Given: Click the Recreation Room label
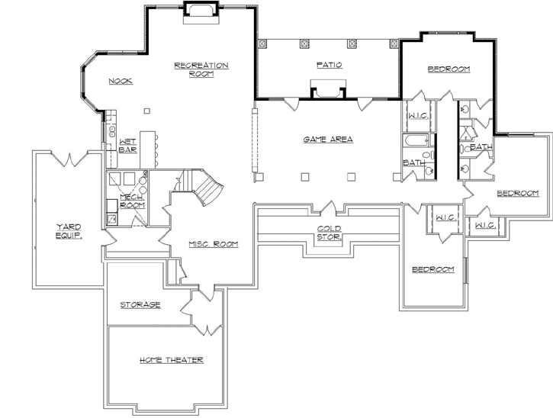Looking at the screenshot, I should click(201, 69).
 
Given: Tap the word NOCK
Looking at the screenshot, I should click(121, 81).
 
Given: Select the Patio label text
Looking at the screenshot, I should click(329, 66).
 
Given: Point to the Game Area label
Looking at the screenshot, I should click(328, 139).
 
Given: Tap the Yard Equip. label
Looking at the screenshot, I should click(68, 230).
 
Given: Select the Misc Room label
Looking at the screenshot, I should click(214, 244).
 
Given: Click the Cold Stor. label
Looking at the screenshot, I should click(330, 232).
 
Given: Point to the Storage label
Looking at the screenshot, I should click(140, 305).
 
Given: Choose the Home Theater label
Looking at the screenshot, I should click(171, 359).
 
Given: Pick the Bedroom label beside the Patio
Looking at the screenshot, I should click(449, 69).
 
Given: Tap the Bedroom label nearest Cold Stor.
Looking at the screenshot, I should click(432, 269).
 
